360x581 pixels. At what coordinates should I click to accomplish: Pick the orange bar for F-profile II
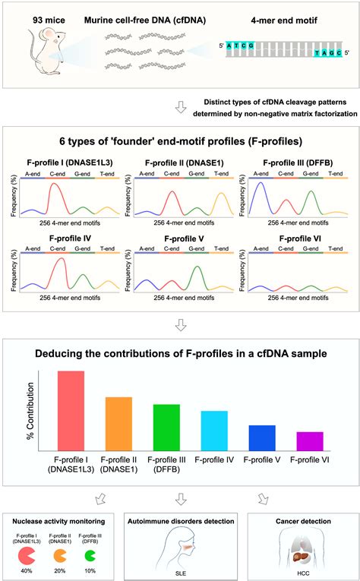[118, 425]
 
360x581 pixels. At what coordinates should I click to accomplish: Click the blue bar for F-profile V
[261, 438]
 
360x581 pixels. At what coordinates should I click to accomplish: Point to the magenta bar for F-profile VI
[309, 442]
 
